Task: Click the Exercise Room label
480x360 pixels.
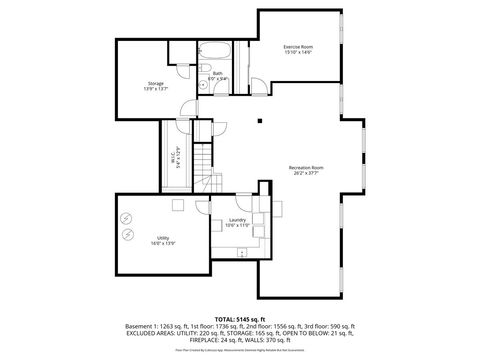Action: point(297,47)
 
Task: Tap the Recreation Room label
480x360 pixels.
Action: point(305,166)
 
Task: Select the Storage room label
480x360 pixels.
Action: point(155,84)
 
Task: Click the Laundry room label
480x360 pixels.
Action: point(237,219)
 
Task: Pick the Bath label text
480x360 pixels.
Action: point(217,73)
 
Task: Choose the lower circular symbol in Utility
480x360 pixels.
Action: point(127,235)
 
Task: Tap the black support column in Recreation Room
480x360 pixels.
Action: point(259,122)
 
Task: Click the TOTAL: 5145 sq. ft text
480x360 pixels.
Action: point(239,318)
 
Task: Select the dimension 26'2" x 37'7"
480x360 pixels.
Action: point(305,172)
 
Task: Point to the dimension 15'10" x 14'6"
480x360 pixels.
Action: point(297,53)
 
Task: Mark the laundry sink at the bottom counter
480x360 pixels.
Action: point(242,253)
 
